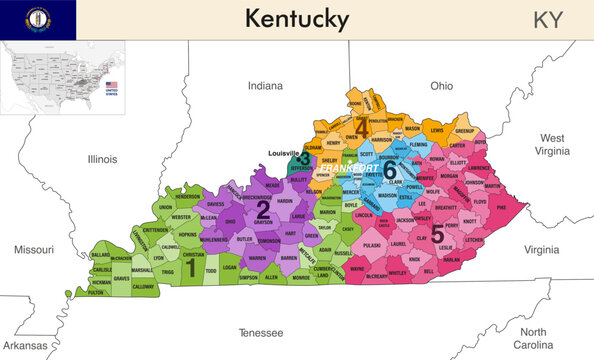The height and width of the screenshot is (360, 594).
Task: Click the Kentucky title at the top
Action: [297, 19]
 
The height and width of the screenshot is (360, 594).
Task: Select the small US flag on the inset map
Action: [112, 85]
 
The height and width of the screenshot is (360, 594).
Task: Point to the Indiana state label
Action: [265, 86]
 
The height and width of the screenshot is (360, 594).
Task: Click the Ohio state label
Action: [443, 86]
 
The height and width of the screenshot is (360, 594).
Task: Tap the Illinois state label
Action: [102, 158]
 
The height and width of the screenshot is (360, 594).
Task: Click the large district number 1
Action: [189, 265]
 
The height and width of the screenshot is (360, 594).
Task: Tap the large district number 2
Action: [263, 208]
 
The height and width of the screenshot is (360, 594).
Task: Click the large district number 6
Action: [389, 169]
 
